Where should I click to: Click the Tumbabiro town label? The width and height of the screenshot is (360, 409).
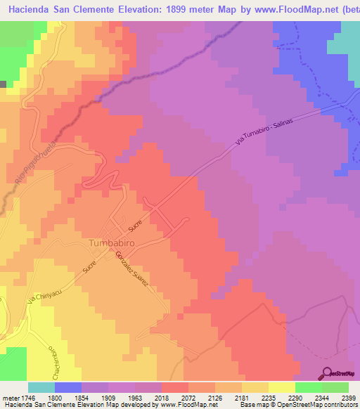click(112, 243)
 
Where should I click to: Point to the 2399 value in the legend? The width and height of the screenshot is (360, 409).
click(348, 397)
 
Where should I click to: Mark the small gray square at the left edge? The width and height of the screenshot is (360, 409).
click(3, 84)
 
